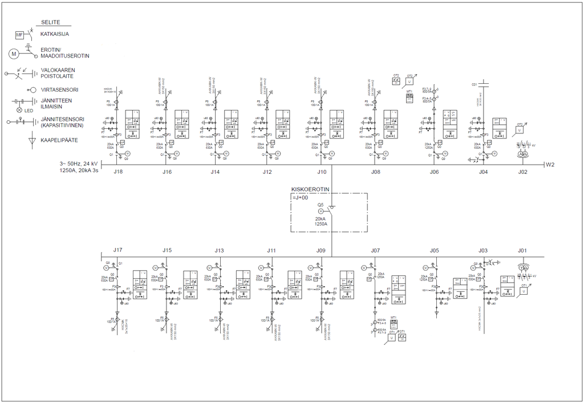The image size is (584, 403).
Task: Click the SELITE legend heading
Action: (x=50, y=22)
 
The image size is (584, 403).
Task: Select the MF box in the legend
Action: (x=19, y=35)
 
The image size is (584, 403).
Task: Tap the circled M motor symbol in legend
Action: (x=14, y=54)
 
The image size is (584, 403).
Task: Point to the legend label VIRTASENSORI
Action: (x=59, y=89)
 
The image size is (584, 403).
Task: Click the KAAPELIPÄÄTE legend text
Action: (x=60, y=140)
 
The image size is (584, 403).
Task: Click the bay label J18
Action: (x=118, y=172)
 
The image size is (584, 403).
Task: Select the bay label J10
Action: (x=322, y=172)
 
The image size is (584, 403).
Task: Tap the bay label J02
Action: (x=522, y=172)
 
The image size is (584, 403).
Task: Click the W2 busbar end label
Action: (x=550, y=165)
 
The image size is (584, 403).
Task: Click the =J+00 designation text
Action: (x=300, y=198)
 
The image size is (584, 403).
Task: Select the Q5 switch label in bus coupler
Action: (x=321, y=205)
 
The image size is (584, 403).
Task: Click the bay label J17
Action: (x=118, y=250)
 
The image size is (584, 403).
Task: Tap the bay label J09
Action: (x=321, y=250)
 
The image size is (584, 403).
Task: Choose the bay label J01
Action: (x=522, y=250)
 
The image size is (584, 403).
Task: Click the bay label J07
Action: (x=375, y=250)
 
